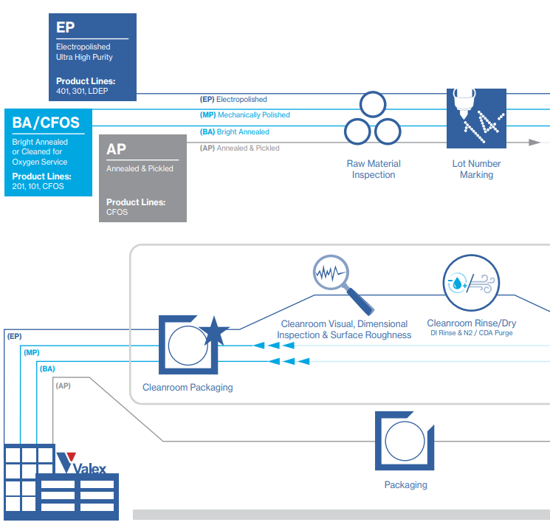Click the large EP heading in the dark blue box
click(x=66, y=27)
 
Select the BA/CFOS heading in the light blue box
click(x=46, y=122)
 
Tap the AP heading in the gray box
click(x=117, y=148)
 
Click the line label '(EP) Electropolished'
click(x=233, y=99)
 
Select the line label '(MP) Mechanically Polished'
click(x=245, y=115)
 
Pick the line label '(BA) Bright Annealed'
click(x=235, y=132)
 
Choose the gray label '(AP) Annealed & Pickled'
click(x=239, y=148)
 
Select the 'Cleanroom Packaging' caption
click(x=188, y=387)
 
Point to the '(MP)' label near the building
click(x=31, y=352)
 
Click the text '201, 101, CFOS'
click(x=38, y=186)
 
